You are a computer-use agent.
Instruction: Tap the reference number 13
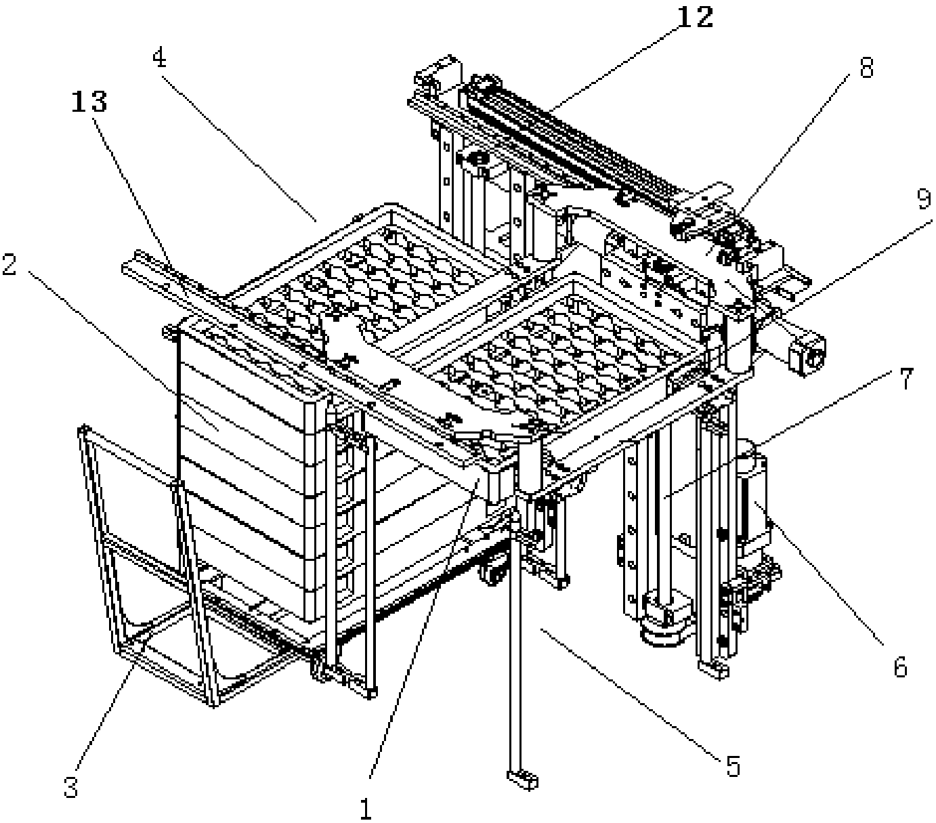pos(91,102)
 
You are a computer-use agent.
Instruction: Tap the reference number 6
pos(899,667)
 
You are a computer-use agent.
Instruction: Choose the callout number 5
pos(733,766)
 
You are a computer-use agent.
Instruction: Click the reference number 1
pos(366,808)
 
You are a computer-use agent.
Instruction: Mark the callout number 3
pos(70,788)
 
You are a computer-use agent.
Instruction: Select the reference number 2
pos(9,266)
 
